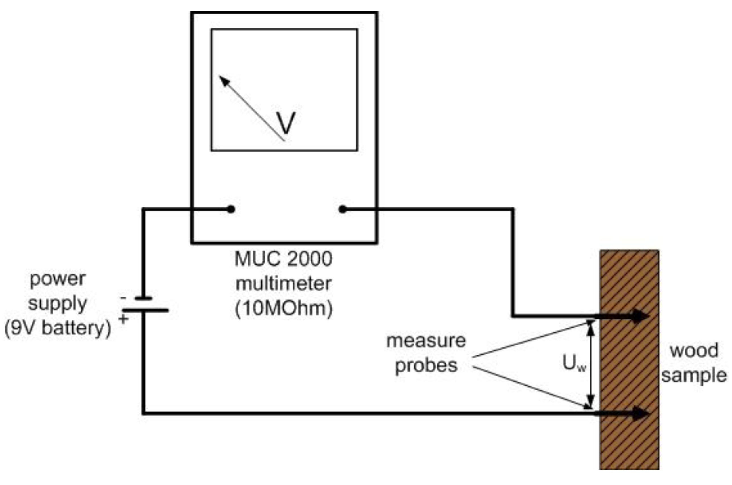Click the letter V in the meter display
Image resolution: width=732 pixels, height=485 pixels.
286,123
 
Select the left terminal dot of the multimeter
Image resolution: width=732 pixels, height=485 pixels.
230,209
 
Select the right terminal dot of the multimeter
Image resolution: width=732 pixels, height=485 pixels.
342,209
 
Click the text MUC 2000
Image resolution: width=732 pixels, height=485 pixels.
283,259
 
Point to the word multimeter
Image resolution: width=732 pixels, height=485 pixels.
283,284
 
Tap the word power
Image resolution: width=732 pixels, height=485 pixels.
57,279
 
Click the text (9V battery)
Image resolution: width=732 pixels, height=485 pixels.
57,328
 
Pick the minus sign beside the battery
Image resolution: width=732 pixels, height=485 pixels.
123,298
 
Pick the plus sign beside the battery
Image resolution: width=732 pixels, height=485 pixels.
123,319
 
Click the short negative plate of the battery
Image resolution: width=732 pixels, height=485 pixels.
143,299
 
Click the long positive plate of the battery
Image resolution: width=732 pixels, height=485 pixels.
145,310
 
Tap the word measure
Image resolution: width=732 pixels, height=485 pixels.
426,341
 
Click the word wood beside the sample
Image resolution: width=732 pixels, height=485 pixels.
694,351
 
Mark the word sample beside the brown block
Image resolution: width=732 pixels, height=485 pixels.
694,376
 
